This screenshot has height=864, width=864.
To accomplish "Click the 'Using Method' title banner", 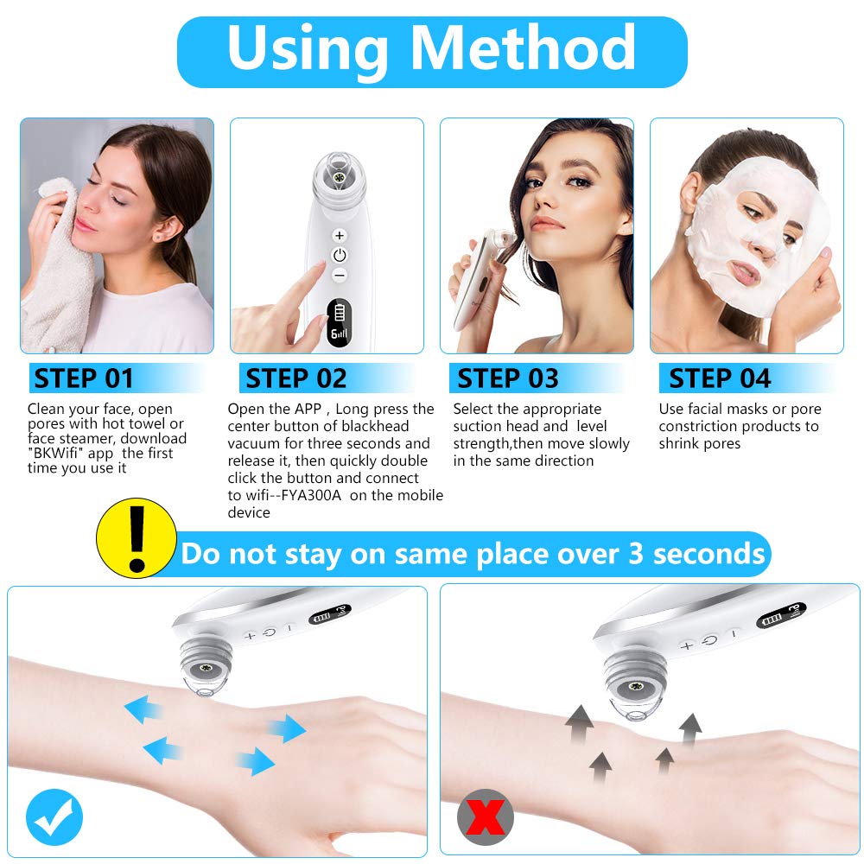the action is (x=432, y=52).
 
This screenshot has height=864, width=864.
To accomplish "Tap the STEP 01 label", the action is (x=84, y=378).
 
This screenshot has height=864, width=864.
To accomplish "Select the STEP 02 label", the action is (x=295, y=378).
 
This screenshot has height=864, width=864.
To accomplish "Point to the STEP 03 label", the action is (x=507, y=378).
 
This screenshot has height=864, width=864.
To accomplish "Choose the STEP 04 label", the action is (x=720, y=378).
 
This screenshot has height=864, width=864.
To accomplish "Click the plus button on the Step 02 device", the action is (x=340, y=235).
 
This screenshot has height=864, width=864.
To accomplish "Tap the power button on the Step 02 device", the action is (x=340, y=255).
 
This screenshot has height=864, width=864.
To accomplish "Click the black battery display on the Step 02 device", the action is (x=339, y=323).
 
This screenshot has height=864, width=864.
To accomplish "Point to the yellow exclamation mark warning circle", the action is (x=137, y=537).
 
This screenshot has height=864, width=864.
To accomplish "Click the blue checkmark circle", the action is (x=54, y=817).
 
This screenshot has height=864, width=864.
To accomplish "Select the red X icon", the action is (x=486, y=817).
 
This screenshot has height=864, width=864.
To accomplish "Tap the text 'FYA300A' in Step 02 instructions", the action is (x=311, y=495).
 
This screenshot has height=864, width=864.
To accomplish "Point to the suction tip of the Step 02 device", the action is (x=339, y=176).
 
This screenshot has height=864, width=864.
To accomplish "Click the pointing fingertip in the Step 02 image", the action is (x=318, y=268).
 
